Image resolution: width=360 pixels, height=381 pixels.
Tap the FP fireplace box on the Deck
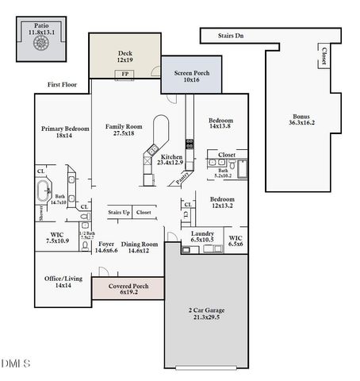124,75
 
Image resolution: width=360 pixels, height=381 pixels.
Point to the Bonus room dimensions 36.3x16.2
302,123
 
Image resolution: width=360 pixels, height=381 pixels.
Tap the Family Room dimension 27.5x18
124,133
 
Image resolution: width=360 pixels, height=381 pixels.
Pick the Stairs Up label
120,212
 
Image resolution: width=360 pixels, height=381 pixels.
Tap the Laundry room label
203,233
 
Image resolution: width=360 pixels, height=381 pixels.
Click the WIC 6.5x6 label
236,241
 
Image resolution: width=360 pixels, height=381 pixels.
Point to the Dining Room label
140,244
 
